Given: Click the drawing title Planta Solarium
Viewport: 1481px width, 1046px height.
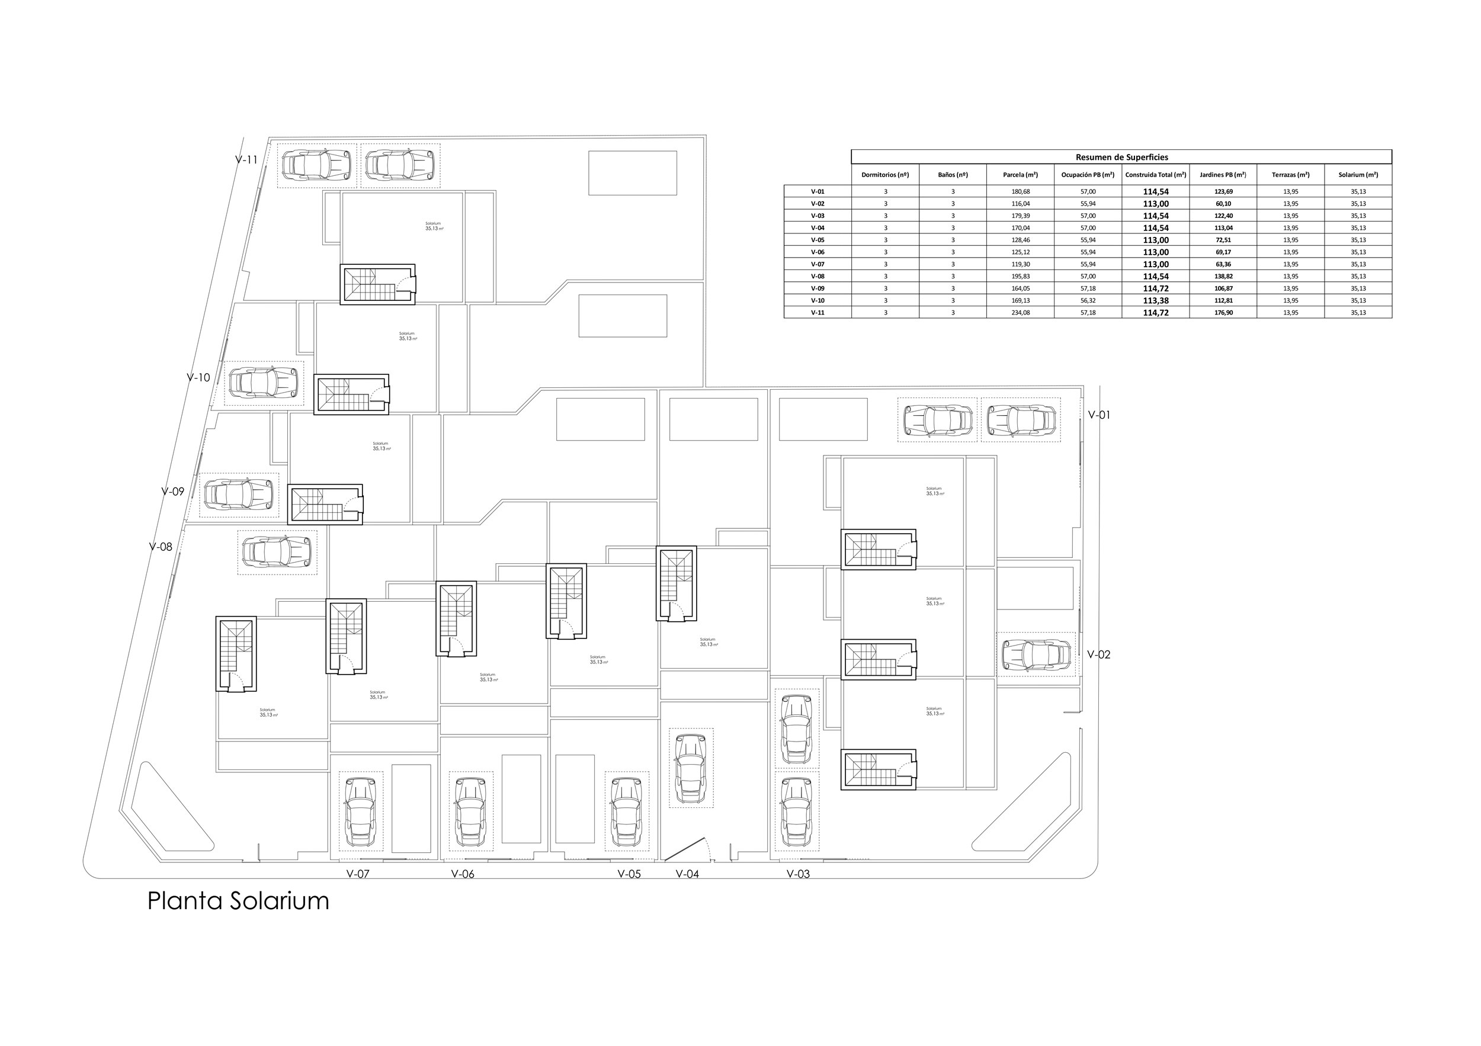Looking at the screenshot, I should pyautogui.click(x=238, y=901).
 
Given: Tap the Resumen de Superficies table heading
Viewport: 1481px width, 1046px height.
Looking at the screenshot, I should pyautogui.click(x=1121, y=157).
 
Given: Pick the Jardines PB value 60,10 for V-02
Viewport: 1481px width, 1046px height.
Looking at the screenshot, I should pyautogui.click(x=1222, y=204).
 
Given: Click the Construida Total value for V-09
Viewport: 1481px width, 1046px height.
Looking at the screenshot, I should pyautogui.click(x=1155, y=288).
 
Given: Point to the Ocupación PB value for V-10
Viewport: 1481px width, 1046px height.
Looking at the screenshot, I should pyautogui.click(x=1088, y=300).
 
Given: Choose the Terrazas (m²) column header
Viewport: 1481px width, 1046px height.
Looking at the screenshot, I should pyautogui.click(x=1290, y=175).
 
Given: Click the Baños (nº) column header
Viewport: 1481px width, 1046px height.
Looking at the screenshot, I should pyautogui.click(x=953, y=175).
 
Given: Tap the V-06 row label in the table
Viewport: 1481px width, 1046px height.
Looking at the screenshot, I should pyautogui.click(x=818, y=252).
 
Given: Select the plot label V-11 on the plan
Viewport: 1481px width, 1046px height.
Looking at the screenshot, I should pyautogui.click(x=246, y=160).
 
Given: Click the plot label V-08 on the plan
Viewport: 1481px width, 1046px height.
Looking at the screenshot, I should pyautogui.click(x=161, y=547).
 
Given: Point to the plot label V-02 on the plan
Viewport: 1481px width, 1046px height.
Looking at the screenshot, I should pyautogui.click(x=1098, y=654).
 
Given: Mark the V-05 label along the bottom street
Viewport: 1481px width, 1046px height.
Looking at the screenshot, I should pyautogui.click(x=629, y=874).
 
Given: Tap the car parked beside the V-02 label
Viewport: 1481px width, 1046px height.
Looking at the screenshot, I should pyautogui.click(x=1036, y=654).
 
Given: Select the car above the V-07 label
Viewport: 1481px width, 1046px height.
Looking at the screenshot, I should pyautogui.click(x=361, y=811).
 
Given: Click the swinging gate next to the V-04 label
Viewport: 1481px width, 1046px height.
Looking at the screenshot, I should pyautogui.click(x=687, y=849).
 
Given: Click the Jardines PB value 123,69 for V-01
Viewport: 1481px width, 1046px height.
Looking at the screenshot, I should pyautogui.click(x=1222, y=191).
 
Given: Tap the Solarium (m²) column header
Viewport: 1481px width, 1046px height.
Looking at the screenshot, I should pyautogui.click(x=1358, y=175).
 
